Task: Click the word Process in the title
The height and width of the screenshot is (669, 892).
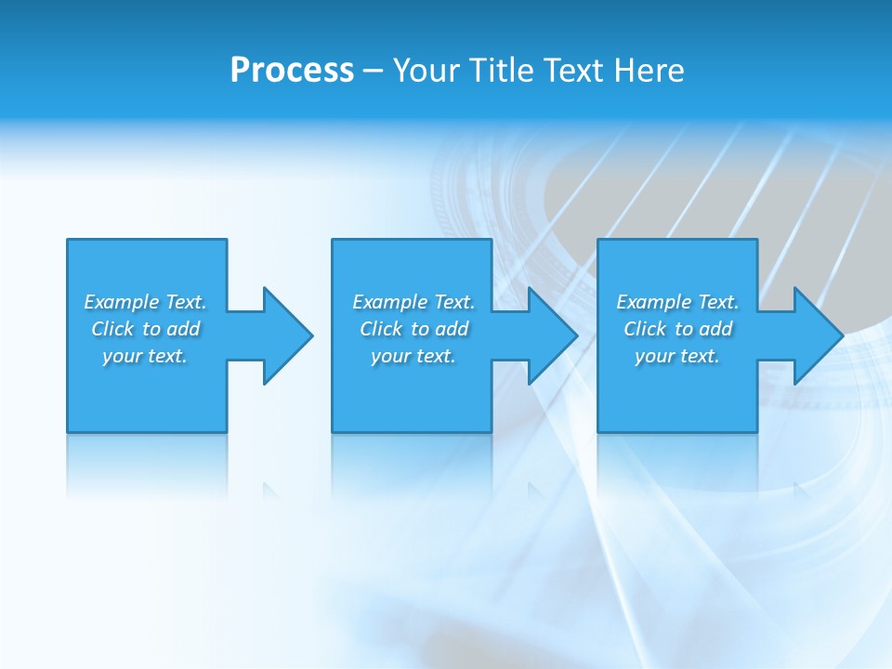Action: coord(292,71)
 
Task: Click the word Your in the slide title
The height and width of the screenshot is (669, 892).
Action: coord(426,71)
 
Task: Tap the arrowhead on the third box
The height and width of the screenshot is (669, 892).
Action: coord(816,335)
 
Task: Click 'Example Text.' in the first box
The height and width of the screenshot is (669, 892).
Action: coord(145,302)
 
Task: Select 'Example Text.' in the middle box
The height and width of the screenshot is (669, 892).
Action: coord(413,302)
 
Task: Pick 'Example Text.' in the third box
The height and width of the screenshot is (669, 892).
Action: coord(677,302)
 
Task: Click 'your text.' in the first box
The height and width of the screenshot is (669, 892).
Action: coord(145,356)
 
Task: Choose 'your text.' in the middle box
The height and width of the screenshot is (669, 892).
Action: coord(413,356)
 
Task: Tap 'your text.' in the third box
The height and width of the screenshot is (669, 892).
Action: coord(677,356)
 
